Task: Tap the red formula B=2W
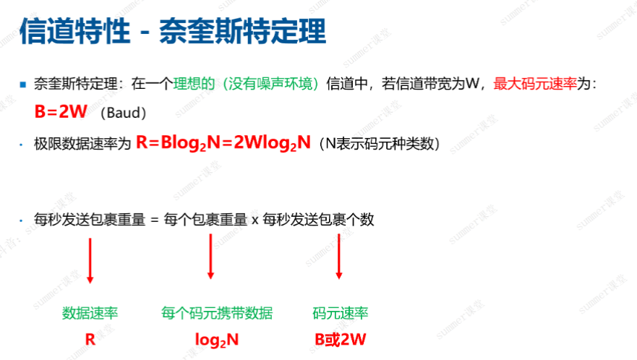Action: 61,113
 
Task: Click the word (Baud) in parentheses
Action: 124,113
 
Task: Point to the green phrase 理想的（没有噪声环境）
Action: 245,85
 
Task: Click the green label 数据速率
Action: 90,313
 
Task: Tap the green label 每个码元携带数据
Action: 217,313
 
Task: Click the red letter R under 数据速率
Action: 90,338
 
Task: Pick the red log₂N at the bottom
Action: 217,339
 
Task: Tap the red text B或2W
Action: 341,338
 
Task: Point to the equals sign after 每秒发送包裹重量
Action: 153,220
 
